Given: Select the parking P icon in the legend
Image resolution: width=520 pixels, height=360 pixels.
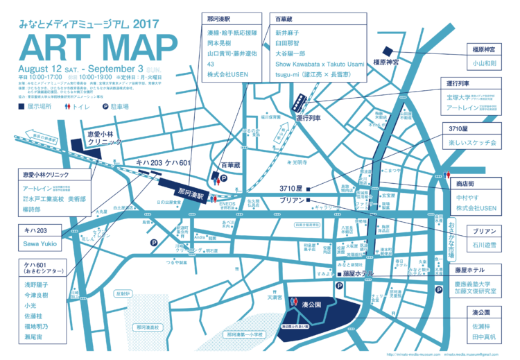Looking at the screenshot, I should coord(106,108).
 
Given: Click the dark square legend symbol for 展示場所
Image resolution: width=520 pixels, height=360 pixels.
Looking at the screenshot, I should coord(21,108).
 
